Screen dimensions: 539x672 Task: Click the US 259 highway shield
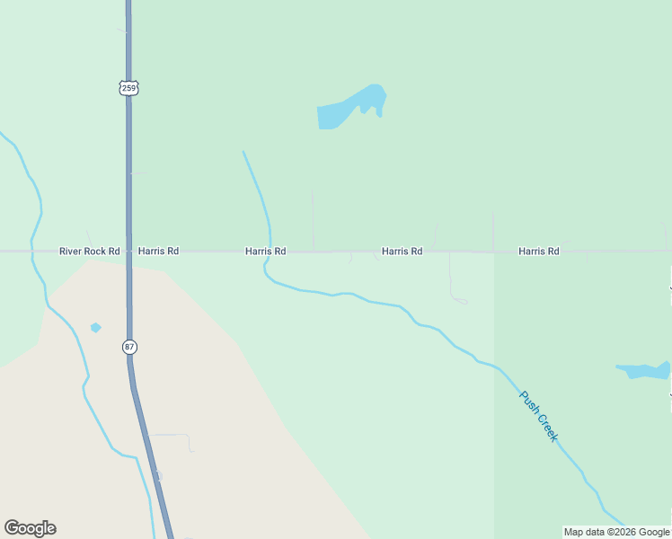[129, 88]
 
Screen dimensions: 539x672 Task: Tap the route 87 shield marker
[129, 347]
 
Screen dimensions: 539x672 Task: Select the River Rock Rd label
[89, 252]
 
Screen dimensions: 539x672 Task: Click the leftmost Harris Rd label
[158, 252]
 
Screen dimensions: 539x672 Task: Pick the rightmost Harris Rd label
[539, 252]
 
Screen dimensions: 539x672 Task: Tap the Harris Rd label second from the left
[265, 252]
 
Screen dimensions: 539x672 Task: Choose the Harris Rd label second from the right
[402, 252]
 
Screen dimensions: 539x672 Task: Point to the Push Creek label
[539, 415]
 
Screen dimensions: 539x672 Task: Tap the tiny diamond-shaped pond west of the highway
[96, 327]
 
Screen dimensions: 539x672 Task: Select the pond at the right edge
[644, 370]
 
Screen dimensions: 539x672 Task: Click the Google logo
[30, 528]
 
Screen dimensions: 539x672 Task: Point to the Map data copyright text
[616, 532]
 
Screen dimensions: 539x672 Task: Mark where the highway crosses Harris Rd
[128, 252]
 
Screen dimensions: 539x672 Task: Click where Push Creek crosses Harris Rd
[270, 252]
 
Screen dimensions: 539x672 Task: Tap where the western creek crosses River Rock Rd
[32, 252]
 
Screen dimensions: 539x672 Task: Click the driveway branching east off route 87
[175, 436]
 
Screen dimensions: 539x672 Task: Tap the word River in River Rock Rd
[71, 252]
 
